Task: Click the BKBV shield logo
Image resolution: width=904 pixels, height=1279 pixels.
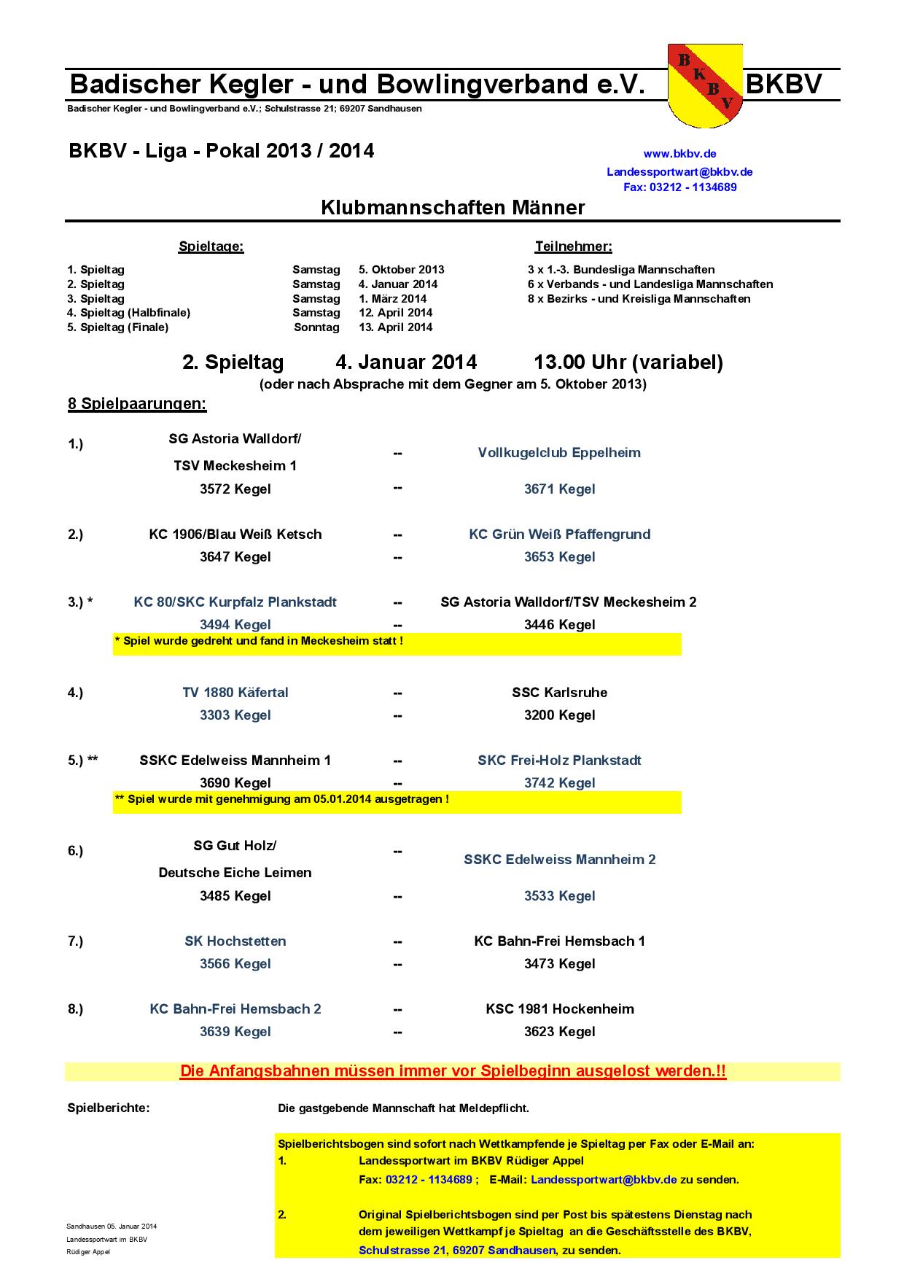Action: coord(705,86)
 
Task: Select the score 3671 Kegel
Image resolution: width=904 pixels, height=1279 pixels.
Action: coord(559,489)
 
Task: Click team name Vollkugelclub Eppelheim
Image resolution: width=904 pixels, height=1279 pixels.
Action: coord(559,453)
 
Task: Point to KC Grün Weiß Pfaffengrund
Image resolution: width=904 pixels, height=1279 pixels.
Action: coord(559,534)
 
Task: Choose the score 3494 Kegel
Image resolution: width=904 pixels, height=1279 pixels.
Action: coord(235,625)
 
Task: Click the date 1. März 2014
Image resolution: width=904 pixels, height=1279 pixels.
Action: coord(392,299)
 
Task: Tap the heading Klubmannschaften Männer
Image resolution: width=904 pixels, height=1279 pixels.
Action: coord(453,208)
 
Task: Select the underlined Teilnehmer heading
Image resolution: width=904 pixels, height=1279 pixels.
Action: coord(573,246)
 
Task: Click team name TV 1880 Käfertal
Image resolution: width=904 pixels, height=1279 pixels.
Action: coord(235,693)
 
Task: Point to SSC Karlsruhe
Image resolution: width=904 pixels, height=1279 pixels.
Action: coord(559,693)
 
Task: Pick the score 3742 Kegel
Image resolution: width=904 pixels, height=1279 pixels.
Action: coord(559,783)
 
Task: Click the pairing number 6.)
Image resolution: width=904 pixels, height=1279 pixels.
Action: coord(76,851)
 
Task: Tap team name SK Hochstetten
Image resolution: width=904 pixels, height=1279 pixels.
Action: coord(235,941)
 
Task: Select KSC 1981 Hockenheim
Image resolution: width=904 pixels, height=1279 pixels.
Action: coord(559,1009)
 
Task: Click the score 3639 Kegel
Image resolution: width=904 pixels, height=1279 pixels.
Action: coord(235,1032)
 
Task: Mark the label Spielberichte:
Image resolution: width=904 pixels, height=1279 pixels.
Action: coord(108,1108)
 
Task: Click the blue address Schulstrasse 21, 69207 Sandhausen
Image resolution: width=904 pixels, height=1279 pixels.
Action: coord(457,1250)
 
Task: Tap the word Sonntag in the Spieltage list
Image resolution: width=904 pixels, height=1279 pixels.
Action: coord(316,327)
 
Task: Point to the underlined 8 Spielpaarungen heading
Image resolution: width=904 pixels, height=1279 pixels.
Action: coord(137,404)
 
